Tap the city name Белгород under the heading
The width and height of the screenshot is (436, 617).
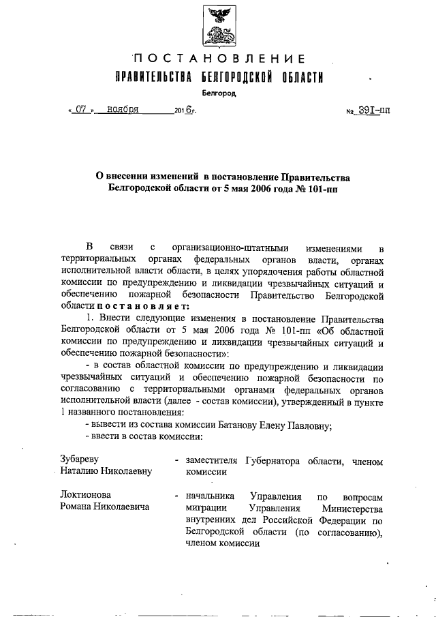pyautogui.click(x=219, y=93)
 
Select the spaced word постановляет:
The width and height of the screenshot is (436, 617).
pyautogui.click(x=129, y=307)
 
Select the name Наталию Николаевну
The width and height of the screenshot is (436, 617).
pyautogui.click(x=106, y=471)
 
